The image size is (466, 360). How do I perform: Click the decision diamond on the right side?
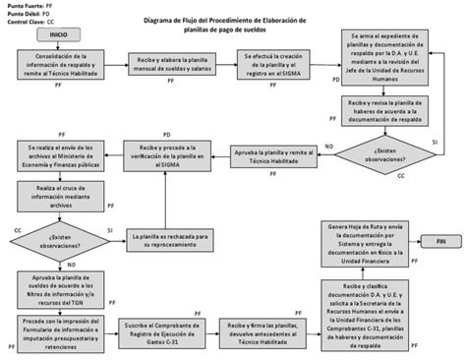pyautogui.click(x=379, y=153)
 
